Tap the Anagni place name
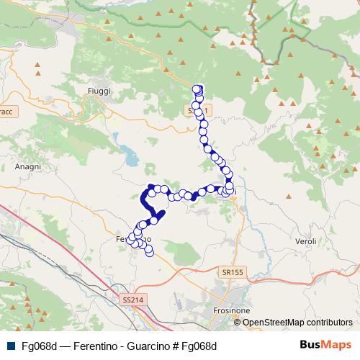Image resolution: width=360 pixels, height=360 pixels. (x=27, y=166)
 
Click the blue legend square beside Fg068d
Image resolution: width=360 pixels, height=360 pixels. (x=9, y=346)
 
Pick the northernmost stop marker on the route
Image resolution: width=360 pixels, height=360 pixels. (x=198, y=89)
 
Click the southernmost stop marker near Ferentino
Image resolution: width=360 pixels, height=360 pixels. (x=150, y=252)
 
